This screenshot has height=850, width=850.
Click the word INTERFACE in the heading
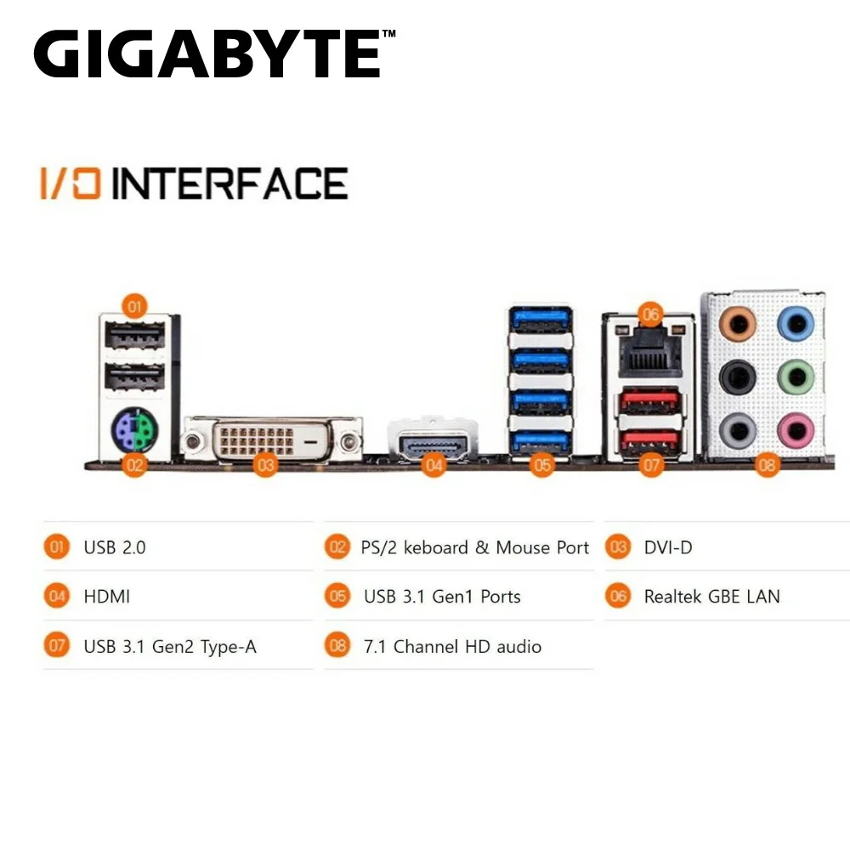click(229, 184)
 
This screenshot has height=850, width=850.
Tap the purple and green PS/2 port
click(134, 429)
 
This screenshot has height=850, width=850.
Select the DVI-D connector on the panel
click(272, 439)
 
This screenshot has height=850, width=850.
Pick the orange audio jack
click(737, 324)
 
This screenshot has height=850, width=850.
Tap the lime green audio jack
click(796, 377)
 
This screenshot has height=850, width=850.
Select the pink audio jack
click(796, 430)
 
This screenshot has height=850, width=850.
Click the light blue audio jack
click(796, 324)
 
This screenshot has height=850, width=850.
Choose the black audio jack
click(737, 377)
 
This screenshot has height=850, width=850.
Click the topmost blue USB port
click(541, 320)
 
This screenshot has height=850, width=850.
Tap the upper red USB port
click(650, 401)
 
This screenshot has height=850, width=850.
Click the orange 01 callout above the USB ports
click(134, 306)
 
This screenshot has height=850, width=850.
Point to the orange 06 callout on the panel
click(650, 314)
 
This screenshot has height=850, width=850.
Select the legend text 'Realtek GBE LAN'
click(711, 597)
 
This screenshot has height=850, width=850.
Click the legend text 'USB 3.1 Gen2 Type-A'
click(170, 647)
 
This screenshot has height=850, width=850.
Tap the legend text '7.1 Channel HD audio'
click(452, 646)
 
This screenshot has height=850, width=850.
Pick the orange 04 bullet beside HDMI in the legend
click(57, 597)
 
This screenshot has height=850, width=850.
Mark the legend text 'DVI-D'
click(668, 547)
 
